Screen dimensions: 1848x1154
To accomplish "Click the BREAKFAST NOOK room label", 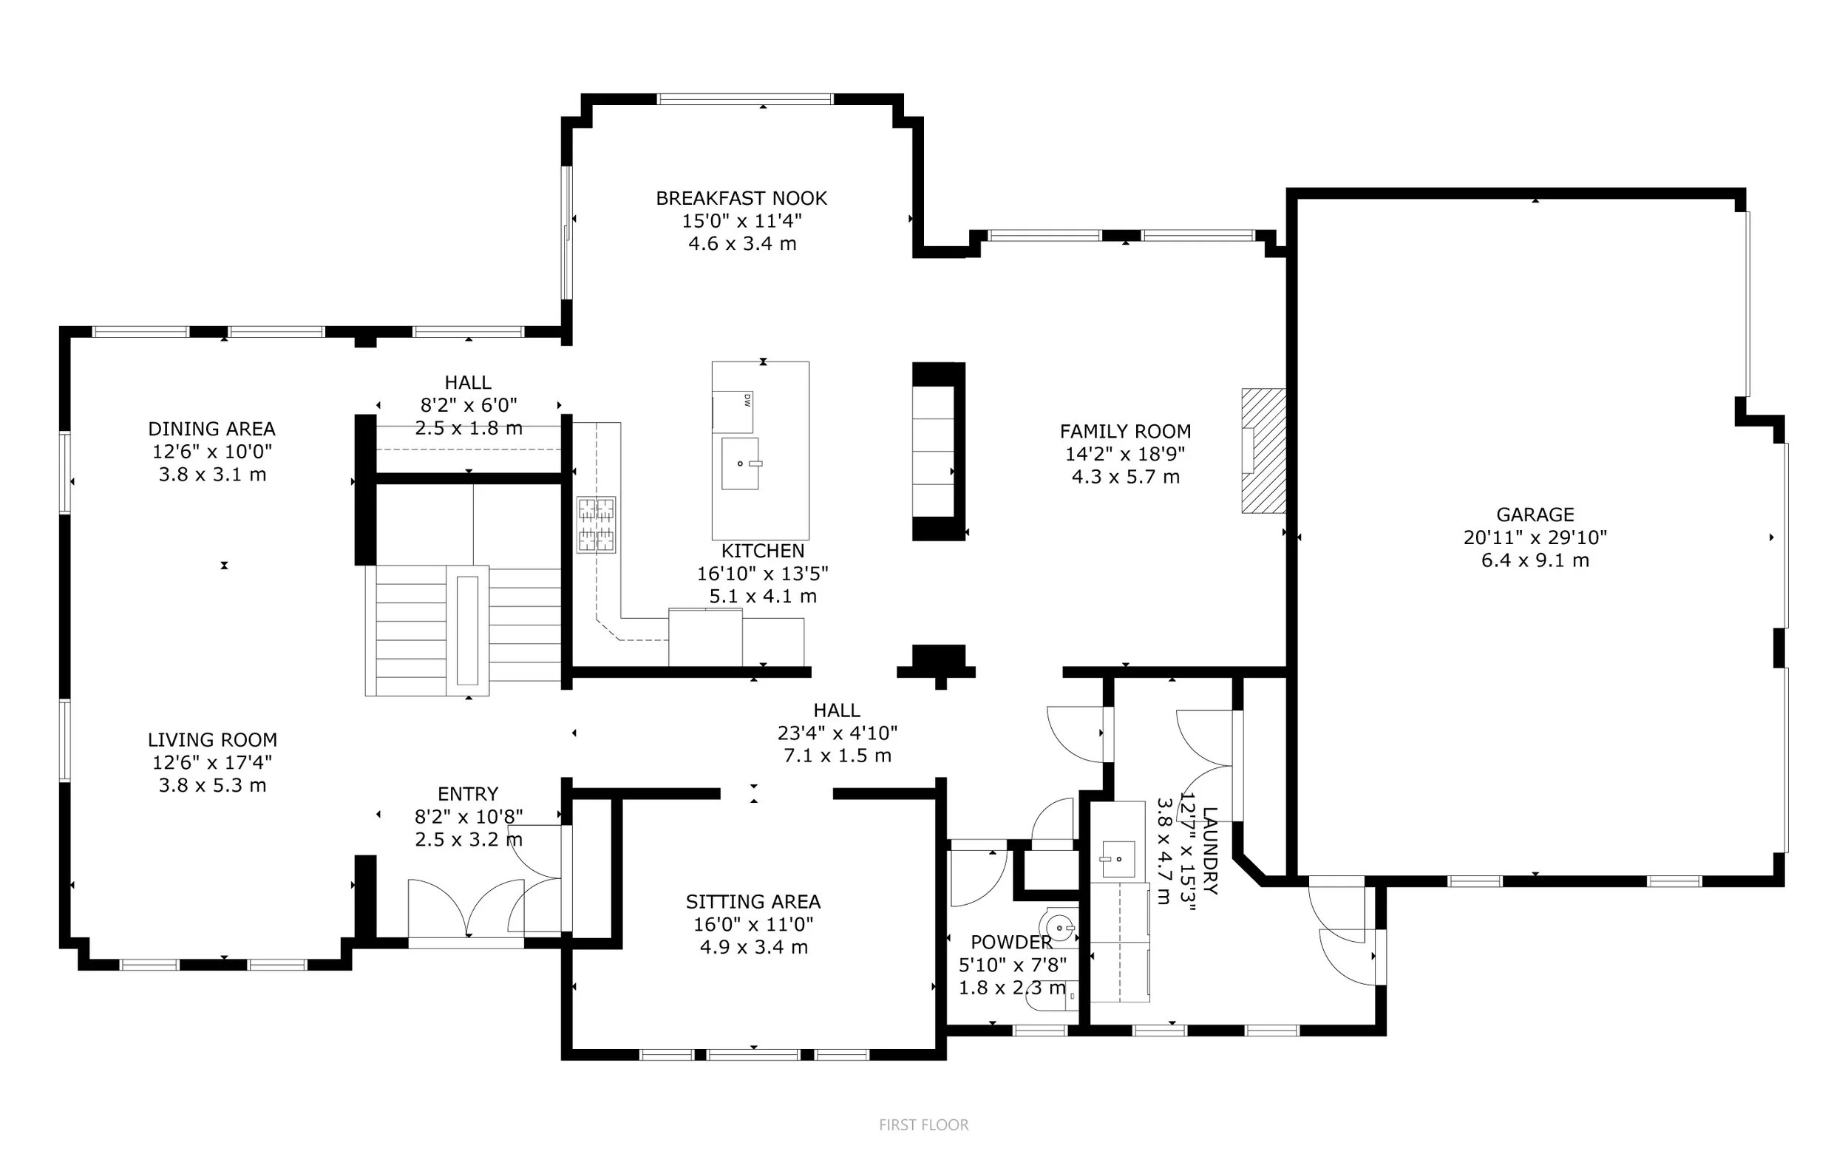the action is (741, 198).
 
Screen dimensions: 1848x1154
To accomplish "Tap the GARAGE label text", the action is (1535, 515).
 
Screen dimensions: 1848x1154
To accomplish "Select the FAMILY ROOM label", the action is (1126, 431).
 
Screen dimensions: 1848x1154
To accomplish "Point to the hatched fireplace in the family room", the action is (1263, 450).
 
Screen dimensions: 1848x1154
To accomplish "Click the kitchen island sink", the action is (739, 464).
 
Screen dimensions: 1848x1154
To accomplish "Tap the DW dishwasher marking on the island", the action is (747, 400).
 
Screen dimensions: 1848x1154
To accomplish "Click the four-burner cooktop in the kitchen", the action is (596, 524).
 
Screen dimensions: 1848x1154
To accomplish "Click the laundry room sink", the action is (1118, 859).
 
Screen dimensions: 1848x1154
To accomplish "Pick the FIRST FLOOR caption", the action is (923, 1125).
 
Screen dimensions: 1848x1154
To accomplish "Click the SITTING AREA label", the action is (753, 901).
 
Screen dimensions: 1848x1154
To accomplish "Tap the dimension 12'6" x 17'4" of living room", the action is (212, 761).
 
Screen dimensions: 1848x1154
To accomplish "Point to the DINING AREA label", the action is (211, 429).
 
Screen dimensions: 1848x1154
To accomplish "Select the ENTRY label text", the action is (468, 794).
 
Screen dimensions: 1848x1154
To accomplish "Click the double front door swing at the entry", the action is (466, 909).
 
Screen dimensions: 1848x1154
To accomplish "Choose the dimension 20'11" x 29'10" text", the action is (1535, 537).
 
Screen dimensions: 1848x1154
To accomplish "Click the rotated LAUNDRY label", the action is (1210, 850).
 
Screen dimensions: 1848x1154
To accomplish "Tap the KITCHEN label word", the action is (763, 551).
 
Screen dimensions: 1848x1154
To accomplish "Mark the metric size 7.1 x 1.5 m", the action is (837, 756).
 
